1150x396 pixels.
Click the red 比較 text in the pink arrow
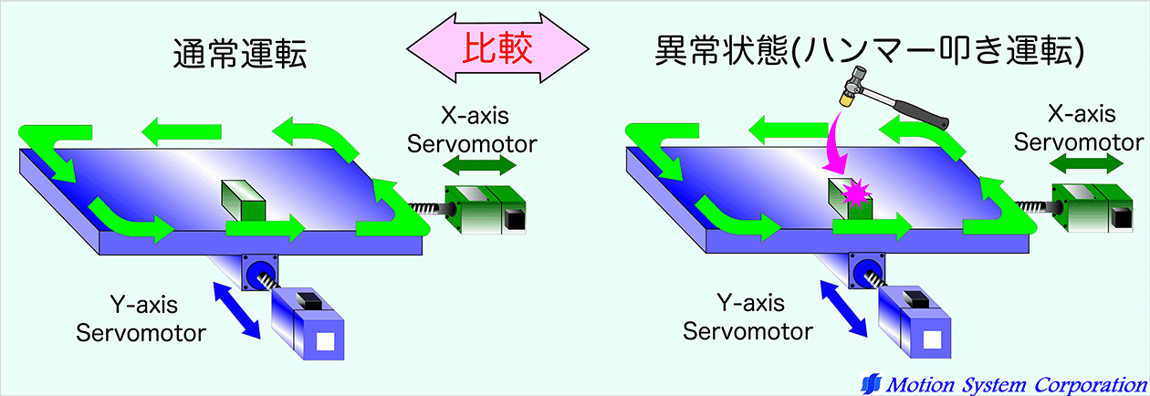point(497,48)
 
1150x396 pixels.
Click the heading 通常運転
point(240,53)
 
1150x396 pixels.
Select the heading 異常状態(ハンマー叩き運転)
point(870,51)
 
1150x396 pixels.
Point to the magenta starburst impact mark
point(856,193)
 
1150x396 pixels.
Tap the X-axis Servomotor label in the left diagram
point(473,130)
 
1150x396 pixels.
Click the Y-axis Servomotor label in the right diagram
point(748,317)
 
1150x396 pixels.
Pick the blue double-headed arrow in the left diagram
point(236,310)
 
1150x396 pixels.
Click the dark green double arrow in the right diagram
point(1086,164)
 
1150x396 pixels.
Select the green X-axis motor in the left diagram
point(485,209)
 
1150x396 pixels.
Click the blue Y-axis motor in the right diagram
point(914,321)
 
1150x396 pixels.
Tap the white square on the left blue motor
point(326,341)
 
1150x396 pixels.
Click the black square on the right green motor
point(1121,218)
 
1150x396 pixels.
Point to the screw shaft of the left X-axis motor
point(427,208)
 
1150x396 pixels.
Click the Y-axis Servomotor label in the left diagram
point(141,318)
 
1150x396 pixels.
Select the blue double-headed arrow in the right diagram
point(843,308)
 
